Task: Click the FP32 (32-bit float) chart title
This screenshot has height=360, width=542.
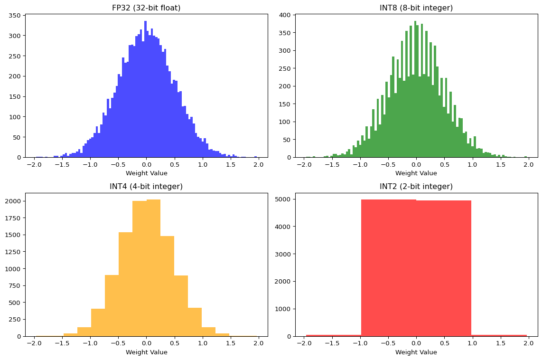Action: (x=146, y=8)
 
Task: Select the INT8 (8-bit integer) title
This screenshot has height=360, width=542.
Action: (x=416, y=8)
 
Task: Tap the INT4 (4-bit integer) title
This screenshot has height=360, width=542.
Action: (x=146, y=187)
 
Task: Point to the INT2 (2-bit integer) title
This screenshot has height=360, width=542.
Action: (x=416, y=187)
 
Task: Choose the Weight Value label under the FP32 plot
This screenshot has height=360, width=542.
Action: (x=146, y=173)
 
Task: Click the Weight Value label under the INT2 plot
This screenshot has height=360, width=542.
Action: (x=416, y=352)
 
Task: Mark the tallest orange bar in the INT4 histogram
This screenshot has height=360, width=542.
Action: (x=153, y=268)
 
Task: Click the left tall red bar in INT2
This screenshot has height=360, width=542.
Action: (x=389, y=268)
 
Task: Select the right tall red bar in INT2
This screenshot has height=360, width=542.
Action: (x=444, y=268)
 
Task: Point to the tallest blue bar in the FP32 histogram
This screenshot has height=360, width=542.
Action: (x=145, y=90)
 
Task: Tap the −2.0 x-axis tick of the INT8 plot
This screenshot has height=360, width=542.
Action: (x=303, y=164)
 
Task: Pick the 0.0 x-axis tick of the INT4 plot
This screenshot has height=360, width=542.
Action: (x=146, y=343)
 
